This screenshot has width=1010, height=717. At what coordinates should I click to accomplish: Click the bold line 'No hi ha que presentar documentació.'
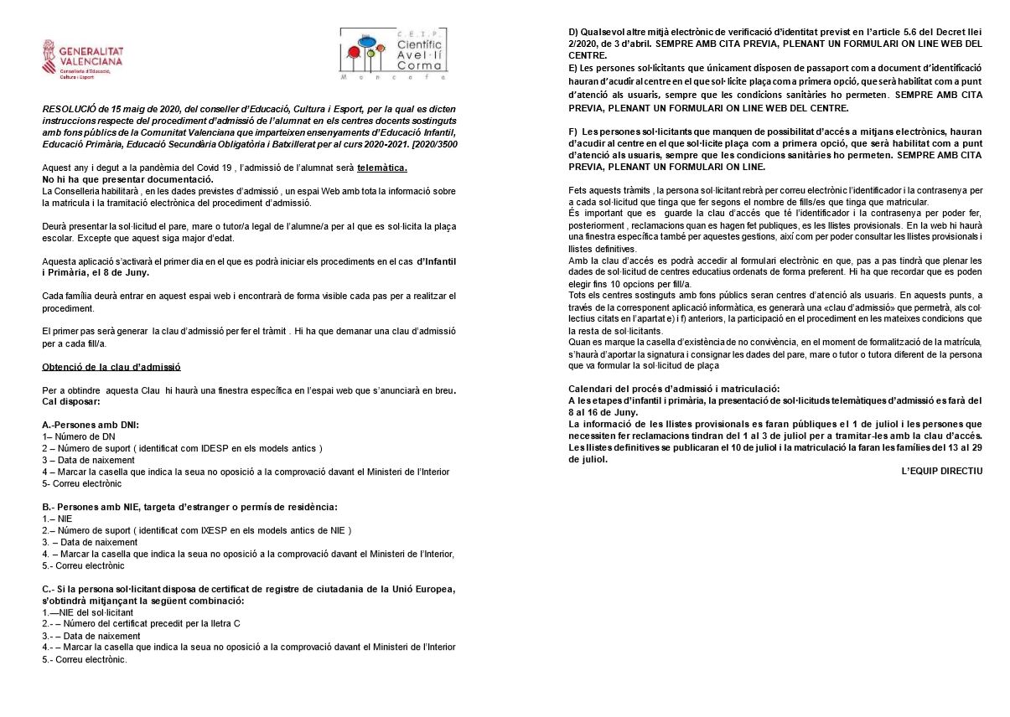click(127, 179)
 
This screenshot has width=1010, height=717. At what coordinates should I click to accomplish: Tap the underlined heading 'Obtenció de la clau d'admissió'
click(111, 367)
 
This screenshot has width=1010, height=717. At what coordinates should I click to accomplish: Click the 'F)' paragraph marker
click(573, 132)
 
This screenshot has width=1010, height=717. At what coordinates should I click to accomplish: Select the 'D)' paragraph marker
click(573, 32)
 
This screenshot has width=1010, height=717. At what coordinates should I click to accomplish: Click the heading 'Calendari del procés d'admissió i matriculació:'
click(674, 389)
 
